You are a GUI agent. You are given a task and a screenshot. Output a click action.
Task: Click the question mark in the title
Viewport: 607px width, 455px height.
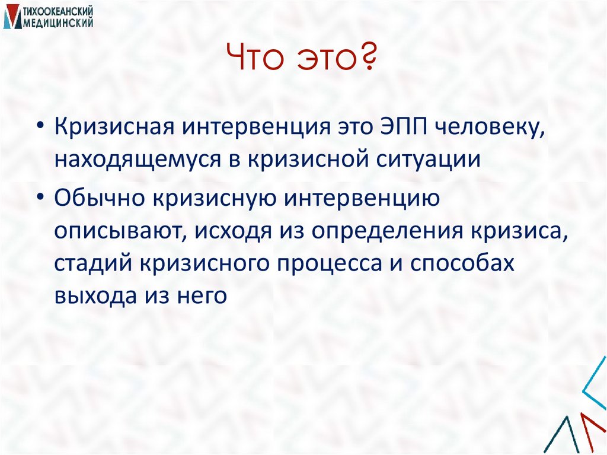(x=368, y=60)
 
